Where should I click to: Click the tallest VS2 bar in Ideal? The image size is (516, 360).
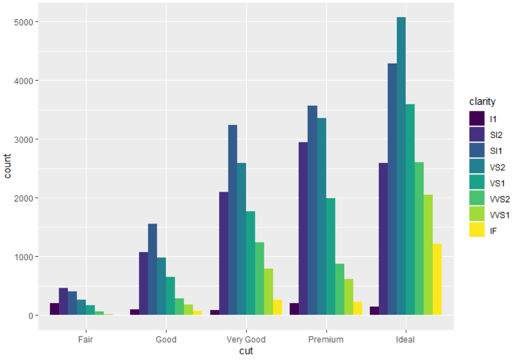(401, 166)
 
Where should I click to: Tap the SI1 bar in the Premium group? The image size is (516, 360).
(312, 210)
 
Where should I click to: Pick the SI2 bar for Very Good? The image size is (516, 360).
(223, 253)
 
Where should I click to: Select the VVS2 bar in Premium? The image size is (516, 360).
(339, 289)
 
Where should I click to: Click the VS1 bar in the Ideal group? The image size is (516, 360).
(410, 210)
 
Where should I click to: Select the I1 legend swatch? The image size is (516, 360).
(477, 118)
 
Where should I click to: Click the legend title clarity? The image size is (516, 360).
(482, 102)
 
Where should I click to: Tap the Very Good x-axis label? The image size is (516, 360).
(246, 340)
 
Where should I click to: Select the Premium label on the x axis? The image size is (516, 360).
(326, 340)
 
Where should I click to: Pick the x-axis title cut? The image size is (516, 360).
(246, 351)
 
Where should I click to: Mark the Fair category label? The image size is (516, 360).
(86, 340)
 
